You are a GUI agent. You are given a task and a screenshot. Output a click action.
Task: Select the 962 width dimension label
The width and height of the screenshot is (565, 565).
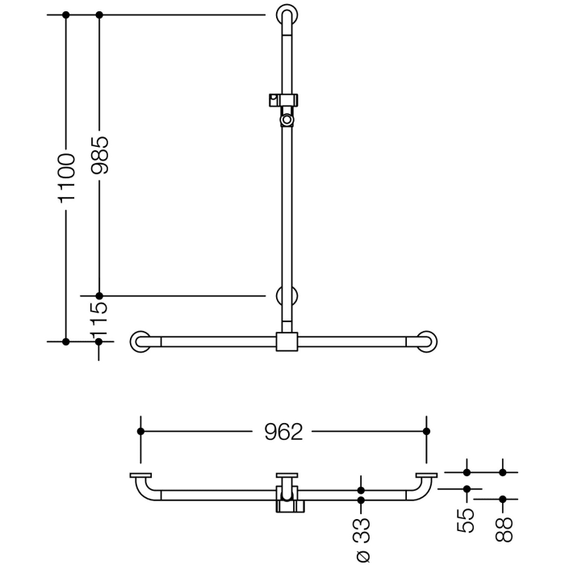[283, 432]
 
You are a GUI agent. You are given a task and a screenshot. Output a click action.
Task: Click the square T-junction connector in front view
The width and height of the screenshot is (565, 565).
[287, 341]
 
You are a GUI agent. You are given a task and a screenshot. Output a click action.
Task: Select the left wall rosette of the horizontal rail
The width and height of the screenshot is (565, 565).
[141, 341]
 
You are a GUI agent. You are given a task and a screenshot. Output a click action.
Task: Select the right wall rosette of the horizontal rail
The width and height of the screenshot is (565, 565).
[427, 341]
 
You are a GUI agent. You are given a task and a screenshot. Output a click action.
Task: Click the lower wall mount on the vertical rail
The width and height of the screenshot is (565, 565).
[287, 296]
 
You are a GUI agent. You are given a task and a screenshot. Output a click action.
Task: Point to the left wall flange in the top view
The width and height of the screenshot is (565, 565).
[140, 475]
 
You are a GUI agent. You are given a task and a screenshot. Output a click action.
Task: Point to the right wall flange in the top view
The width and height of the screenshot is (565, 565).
[427, 475]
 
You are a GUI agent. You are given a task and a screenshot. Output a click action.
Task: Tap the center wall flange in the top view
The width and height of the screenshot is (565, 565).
[287, 475]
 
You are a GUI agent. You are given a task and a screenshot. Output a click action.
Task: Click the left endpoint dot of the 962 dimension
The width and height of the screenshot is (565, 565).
[141, 432]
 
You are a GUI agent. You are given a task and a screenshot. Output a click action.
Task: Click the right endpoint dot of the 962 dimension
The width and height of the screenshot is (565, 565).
[427, 432]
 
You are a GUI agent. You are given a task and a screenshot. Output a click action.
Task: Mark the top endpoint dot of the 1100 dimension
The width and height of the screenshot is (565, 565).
[66, 15]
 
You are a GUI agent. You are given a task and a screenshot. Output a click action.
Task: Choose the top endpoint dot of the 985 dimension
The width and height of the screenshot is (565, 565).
[99, 15]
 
